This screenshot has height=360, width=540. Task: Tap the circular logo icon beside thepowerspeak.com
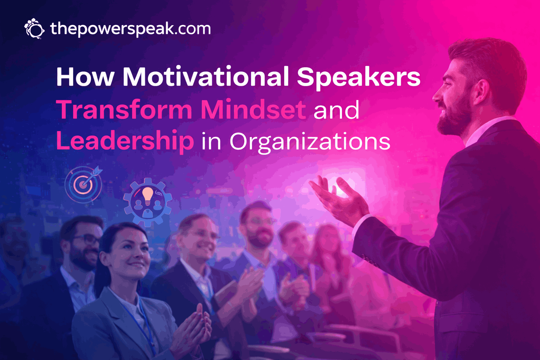coord(34,28)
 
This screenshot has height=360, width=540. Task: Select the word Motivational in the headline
coord(206,77)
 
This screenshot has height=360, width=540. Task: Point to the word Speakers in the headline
coord(358,77)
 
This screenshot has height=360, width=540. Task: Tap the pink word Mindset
coord(253,110)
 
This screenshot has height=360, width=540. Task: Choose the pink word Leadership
coord(125,141)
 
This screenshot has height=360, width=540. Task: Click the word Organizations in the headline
coord(310,141)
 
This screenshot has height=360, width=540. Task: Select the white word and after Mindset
coord(336,110)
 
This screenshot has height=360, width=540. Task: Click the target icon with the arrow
coord(83,184)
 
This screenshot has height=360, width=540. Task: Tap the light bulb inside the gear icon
coord(148,196)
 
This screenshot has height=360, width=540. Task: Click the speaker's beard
coord(454,118)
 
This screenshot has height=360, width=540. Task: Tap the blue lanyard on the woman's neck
coord(141,322)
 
